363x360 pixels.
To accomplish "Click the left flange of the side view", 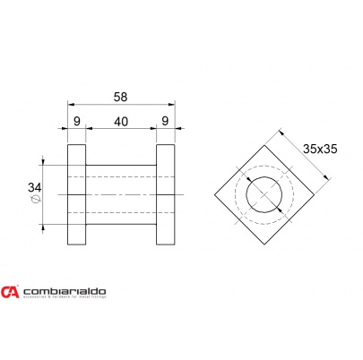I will pos(76,194).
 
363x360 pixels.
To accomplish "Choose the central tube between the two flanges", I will pos(120,194).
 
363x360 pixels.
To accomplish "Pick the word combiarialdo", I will pos(65,291).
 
